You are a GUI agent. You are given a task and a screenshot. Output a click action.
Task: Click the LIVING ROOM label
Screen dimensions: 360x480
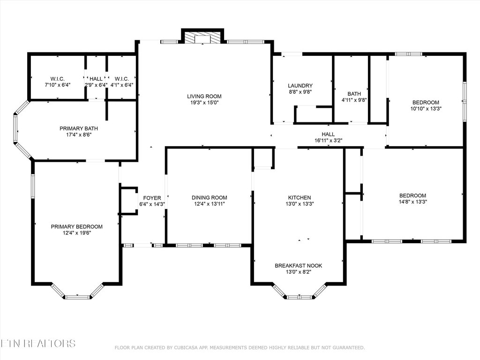click(x=203, y=96)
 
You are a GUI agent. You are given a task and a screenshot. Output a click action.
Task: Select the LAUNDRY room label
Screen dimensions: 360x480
click(x=300, y=86)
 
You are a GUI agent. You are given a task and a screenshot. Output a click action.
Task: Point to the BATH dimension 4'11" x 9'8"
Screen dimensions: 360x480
click(x=354, y=100)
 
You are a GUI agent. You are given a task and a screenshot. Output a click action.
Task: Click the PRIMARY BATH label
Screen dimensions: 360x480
click(x=78, y=128)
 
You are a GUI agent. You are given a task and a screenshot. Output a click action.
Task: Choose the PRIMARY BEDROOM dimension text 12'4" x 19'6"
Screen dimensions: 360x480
click(x=76, y=232)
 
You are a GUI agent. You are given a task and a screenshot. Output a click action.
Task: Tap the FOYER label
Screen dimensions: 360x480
click(x=152, y=198)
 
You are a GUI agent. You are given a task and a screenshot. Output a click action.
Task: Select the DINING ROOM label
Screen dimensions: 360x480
click(x=209, y=198)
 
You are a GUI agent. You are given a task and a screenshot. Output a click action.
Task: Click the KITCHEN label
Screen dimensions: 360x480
click(x=299, y=198)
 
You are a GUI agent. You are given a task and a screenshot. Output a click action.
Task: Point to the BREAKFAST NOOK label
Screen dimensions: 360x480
click(x=298, y=266)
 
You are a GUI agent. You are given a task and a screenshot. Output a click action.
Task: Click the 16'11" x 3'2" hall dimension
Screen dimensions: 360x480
click(x=328, y=140)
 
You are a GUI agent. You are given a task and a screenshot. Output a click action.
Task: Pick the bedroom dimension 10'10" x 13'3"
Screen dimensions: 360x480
click(x=426, y=108)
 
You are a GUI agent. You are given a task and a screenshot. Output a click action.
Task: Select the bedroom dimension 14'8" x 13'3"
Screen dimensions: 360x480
click(x=412, y=202)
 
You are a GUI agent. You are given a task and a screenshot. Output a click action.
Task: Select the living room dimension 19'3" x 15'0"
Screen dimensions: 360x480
click(x=203, y=102)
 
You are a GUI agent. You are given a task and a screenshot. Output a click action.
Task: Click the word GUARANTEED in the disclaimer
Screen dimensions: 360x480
click(x=347, y=347)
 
